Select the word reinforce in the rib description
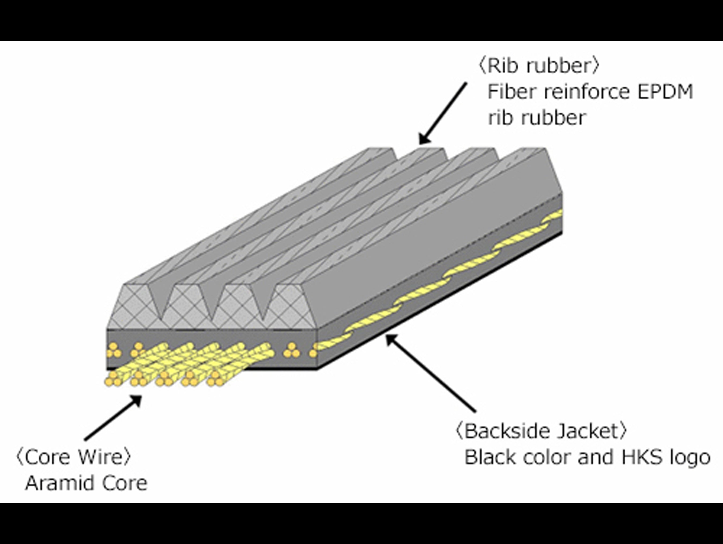tap(586, 92)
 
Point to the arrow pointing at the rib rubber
tap(443, 113)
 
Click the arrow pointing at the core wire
tap(113, 418)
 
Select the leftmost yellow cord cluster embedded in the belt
tap(114, 350)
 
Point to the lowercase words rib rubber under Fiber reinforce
tap(536, 118)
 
